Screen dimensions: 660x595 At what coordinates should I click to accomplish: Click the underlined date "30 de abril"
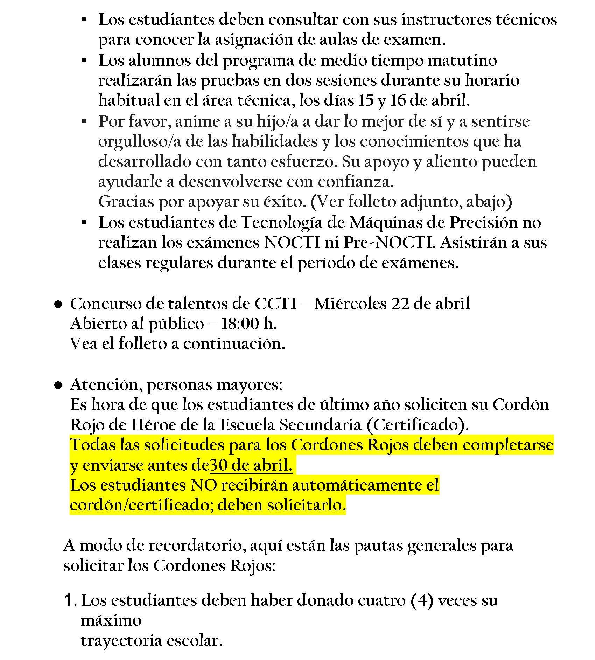(251, 465)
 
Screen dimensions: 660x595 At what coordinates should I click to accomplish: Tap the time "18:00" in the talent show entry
(240, 324)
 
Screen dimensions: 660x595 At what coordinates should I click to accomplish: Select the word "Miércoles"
(350, 304)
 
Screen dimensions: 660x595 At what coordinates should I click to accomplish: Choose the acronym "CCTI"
(275, 304)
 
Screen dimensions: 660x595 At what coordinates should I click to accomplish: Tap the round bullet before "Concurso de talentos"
(58, 305)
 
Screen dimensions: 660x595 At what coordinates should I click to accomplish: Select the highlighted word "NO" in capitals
(204, 485)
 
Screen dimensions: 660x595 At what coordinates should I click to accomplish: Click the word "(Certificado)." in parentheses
(418, 425)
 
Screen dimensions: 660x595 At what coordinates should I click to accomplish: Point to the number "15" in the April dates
(366, 101)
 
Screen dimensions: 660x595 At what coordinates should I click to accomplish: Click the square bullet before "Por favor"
(84, 121)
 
